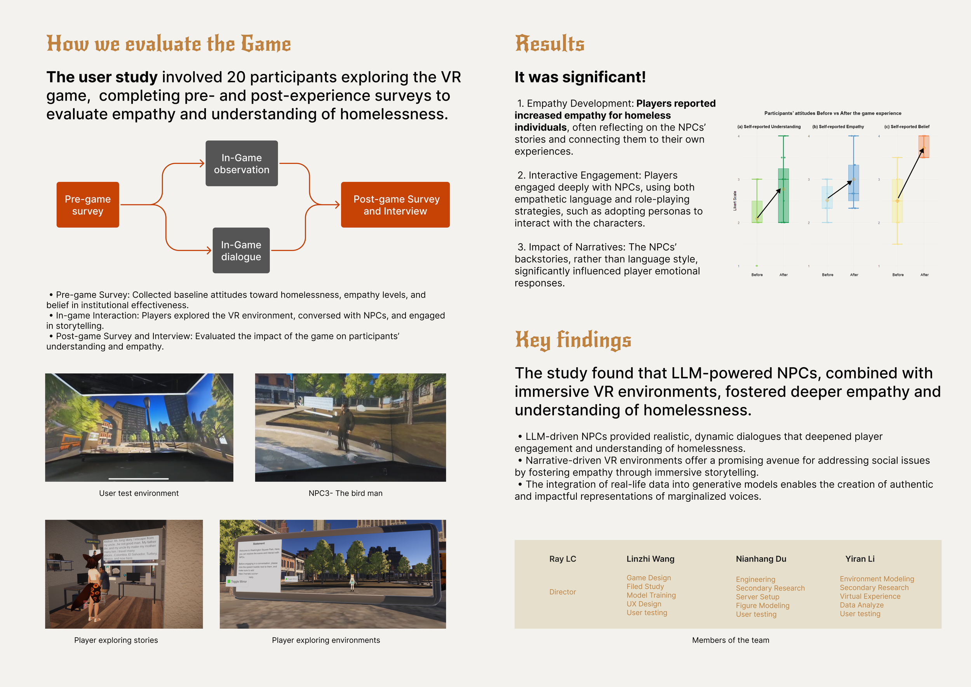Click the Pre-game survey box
[87, 205]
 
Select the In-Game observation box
[242, 163]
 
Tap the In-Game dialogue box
[241, 250]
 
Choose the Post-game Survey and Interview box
[395, 205]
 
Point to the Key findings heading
[573, 340]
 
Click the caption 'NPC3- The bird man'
[345, 493]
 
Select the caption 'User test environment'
[139, 493]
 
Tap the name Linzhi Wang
[650, 559]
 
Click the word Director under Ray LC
[562, 592]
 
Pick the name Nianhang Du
[761, 559]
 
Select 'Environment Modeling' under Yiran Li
[877, 579]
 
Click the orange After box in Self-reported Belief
[924, 146]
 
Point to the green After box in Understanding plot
[783, 195]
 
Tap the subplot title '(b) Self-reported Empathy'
[838, 127]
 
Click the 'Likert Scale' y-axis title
[735, 201]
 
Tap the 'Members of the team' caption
[730, 640]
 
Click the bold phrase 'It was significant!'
[580, 77]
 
